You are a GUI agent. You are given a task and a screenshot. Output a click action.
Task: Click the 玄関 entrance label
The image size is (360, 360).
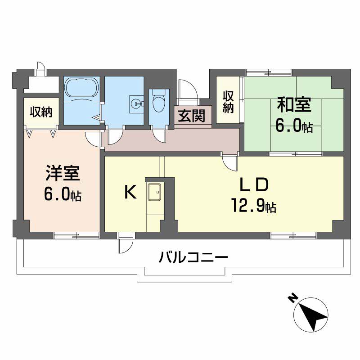tap(191, 117)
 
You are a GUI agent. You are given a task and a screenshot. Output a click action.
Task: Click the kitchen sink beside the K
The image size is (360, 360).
tap(154, 193)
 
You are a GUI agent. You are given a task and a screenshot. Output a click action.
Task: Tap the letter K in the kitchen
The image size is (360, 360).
tap(130, 193)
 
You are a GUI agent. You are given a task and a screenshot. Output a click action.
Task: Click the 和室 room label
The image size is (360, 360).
tap(293, 105)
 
